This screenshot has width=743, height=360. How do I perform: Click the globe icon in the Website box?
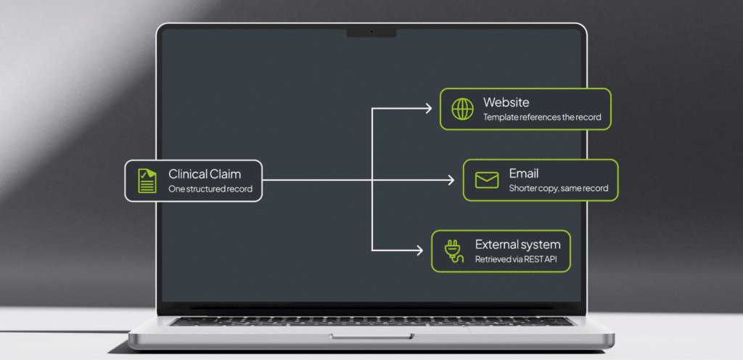pos(462,109)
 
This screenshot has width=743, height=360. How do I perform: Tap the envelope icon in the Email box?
pos(487,180)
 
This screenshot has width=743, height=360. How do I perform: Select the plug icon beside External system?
pos(451,251)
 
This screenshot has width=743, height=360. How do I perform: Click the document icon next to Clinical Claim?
pos(147,181)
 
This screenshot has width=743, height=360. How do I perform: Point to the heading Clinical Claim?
pos(205,174)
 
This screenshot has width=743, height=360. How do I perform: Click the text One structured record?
pos(210,189)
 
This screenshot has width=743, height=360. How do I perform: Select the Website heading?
pos(506,102)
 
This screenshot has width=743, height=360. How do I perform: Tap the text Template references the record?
pos(542,117)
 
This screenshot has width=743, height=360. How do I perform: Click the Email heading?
pos(524,173)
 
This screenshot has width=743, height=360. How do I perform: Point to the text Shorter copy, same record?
pos(559,189)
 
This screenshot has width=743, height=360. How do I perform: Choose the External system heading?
pos(518,245)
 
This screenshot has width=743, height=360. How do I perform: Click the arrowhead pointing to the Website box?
pos(428,109)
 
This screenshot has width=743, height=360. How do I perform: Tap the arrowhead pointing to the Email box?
pos(450,180)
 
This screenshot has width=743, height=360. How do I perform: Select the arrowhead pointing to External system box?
pos(419,250)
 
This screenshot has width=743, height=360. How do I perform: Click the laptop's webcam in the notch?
pos(371,32)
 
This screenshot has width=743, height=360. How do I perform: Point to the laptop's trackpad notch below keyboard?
pos(371,336)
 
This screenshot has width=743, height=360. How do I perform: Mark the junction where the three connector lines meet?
pos(372,180)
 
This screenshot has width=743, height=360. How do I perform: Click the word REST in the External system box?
pos(534,260)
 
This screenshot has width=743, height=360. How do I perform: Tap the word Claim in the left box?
pos(224,174)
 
